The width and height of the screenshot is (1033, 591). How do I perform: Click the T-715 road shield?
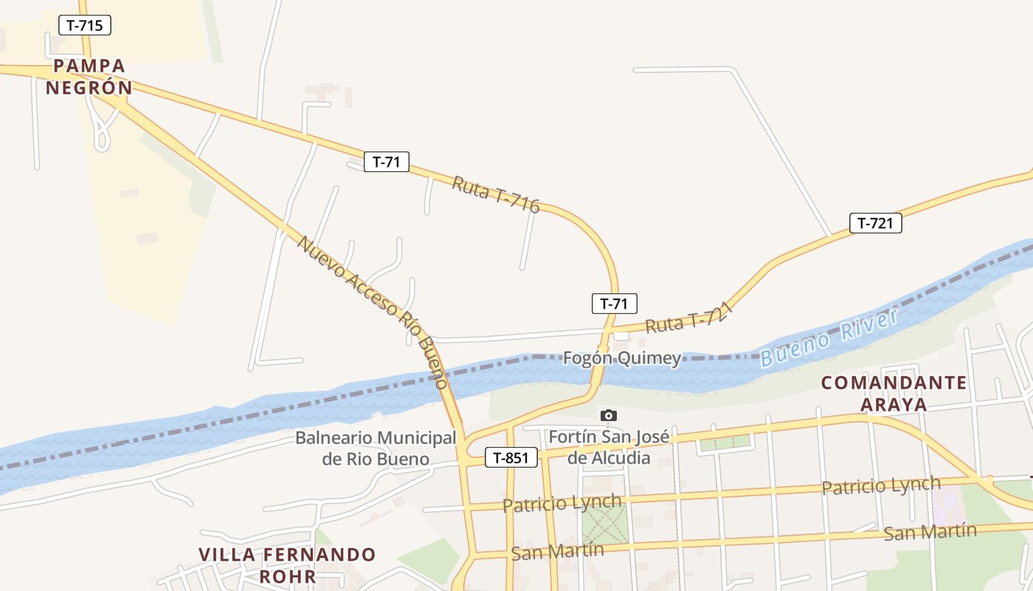click(85, 25)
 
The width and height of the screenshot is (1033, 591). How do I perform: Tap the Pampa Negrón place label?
click(89, 77)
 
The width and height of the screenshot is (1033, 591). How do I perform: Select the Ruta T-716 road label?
click(496, 194)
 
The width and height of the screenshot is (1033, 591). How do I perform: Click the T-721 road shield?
click(876, 223)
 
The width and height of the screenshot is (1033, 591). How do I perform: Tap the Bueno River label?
click(829, 338)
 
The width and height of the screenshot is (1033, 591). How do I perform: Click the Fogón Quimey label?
click(621, 358)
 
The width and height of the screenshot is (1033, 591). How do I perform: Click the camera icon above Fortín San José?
click(608, 415)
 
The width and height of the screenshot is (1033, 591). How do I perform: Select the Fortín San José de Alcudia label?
click(609, 447)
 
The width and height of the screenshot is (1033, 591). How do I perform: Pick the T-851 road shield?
click(511, 457)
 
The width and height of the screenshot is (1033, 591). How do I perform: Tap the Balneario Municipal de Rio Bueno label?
click(376, 448)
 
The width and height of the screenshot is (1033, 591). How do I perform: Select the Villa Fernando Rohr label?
click(287, 565)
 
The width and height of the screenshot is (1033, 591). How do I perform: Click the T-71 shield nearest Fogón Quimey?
click(614, 303)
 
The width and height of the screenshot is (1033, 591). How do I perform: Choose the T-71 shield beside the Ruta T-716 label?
click(386, 162)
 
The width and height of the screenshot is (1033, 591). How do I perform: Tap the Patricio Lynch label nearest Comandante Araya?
click(881, 485)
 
